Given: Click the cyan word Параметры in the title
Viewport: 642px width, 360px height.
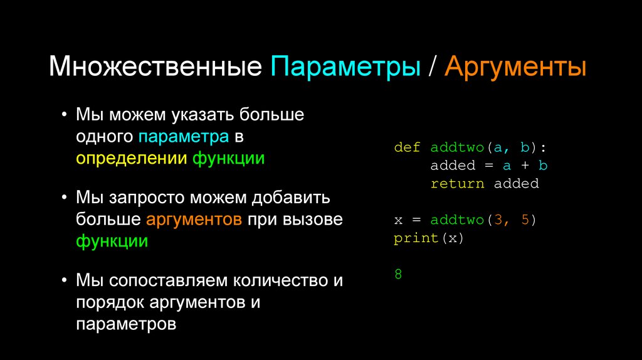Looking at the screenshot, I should pos(345,67).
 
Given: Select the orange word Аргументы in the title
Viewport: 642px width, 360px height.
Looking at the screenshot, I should pos(515,67).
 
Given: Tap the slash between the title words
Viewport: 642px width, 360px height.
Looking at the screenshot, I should pos(432,67).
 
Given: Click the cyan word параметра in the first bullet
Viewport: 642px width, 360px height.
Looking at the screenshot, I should pos(184,136).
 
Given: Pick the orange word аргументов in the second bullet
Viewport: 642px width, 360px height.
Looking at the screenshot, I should pos(194,220).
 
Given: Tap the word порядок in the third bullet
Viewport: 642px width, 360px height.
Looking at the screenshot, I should pos(110,302).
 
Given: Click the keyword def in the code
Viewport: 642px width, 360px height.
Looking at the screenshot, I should pos(407,147).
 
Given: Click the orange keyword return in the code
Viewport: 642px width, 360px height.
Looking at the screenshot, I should pos(457,184).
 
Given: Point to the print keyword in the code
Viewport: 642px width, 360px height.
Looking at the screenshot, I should pos(416,238).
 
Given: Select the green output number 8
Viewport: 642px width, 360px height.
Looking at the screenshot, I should pos(398,275).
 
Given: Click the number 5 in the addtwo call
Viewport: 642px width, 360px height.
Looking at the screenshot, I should pos(525,220).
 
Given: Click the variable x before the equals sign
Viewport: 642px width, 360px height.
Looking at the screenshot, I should pos(398,220).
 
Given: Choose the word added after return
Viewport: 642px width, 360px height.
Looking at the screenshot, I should pos(516,184).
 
